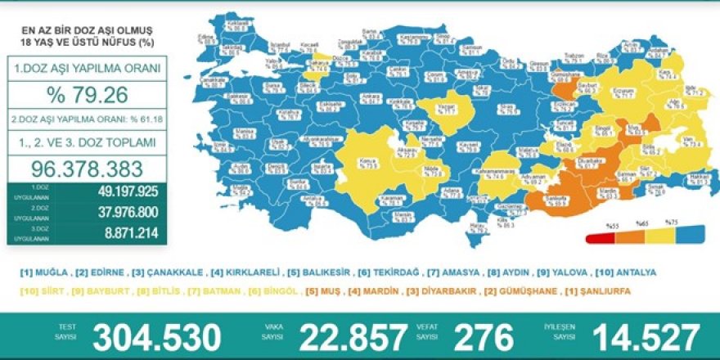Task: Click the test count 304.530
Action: click(157, 336)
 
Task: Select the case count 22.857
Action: click(354, 336)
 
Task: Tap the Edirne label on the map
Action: click(205, 38)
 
